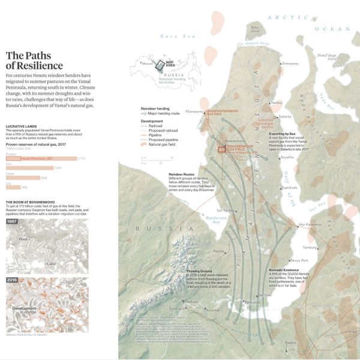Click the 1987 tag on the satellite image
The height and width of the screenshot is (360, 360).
click(12, 221)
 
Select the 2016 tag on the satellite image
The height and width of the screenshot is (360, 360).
click(12, 279)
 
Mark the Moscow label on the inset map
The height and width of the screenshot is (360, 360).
click(146, 62)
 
